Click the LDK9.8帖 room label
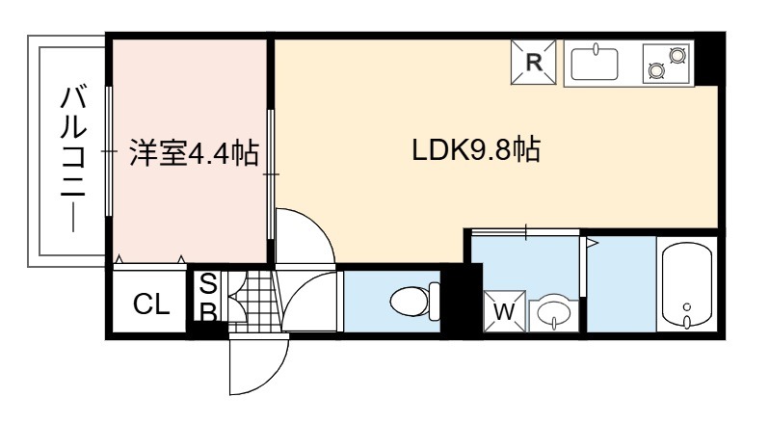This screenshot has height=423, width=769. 476,150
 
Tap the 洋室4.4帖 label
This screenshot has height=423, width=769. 195,153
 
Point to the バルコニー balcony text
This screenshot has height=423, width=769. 73,158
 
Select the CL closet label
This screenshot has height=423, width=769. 151,304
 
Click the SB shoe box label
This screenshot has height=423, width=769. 208,297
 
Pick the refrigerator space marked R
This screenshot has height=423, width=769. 534,63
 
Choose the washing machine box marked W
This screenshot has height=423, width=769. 504,311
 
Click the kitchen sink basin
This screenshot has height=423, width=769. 595,63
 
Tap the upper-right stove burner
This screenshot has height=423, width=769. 677,55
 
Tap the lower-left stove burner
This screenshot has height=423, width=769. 655,70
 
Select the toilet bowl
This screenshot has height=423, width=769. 410,301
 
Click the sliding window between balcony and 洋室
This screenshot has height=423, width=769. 109,151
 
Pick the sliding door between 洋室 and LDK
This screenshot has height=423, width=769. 271,174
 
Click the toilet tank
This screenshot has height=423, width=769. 435,302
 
